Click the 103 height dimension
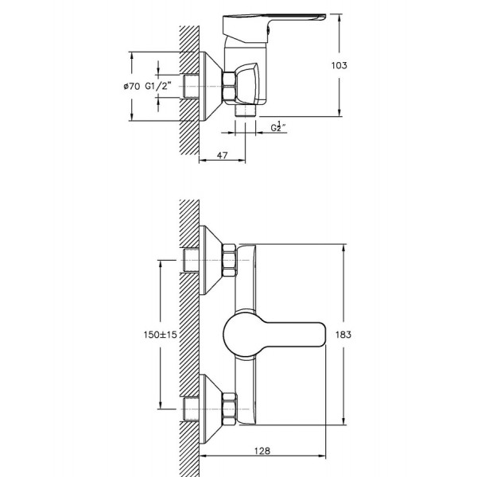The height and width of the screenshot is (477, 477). [x=339, y=65]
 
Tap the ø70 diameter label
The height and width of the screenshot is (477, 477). [x=132, y=87]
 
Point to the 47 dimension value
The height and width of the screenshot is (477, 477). [x=222, y=155]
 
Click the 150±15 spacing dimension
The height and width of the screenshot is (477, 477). [x=160, y=335]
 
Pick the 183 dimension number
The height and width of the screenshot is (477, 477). [x=343, y=335]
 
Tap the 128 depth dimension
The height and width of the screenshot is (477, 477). [x=262, y=451]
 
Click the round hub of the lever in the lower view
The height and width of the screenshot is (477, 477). [x=240, y=335]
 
